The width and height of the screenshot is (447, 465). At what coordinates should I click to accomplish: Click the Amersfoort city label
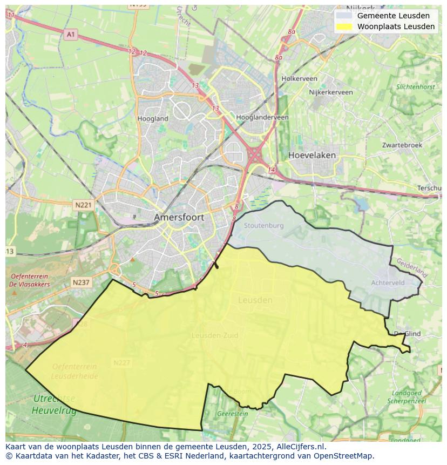179,217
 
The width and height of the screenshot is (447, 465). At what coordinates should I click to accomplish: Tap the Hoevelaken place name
311,155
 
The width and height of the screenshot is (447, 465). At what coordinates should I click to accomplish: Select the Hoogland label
153,118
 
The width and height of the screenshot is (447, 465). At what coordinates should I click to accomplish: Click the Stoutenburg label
263,225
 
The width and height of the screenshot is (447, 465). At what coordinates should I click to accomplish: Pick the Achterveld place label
388,282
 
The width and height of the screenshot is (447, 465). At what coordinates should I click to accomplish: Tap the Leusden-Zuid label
214,335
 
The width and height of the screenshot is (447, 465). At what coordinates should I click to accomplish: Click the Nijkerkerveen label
330,92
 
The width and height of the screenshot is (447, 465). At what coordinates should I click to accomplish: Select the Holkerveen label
299,78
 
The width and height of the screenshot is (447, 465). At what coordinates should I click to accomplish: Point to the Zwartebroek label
402,145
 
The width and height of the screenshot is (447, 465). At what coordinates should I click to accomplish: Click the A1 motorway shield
70,35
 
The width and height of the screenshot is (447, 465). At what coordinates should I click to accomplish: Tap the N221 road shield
83,205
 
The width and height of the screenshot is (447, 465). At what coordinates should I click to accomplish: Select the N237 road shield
81,282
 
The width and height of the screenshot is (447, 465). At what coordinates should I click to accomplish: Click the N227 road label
122,362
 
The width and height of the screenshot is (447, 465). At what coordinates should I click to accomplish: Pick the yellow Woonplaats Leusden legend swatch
344,26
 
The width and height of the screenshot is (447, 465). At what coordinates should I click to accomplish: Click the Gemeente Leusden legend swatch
344,16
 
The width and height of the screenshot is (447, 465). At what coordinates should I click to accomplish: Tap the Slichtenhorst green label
415,86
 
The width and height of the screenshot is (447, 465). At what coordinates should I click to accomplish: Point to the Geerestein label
232,414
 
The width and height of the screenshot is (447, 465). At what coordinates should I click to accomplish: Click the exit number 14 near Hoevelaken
271,170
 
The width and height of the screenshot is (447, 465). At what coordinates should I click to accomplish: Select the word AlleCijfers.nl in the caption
301,447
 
